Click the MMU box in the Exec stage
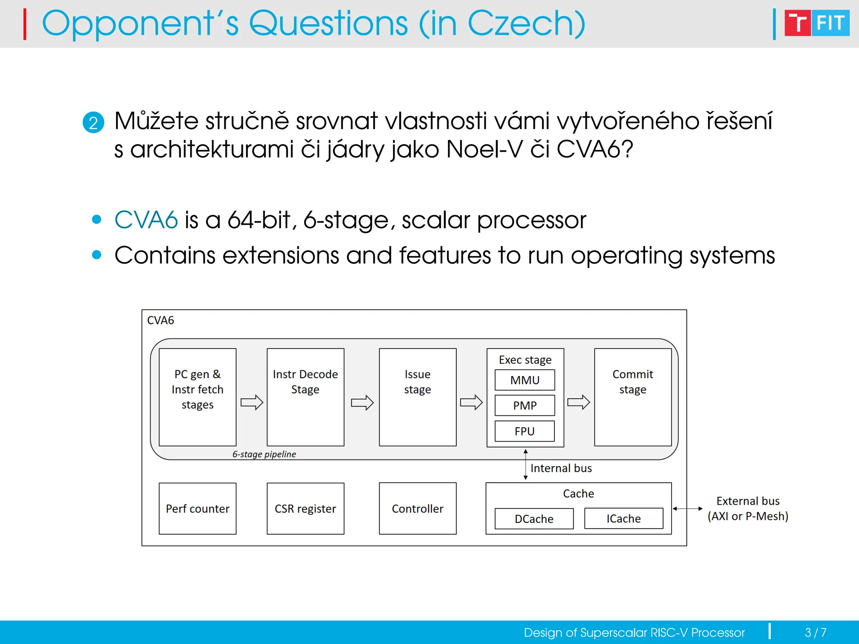coord(525,380)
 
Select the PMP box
coord(525,405)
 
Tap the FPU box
coord(525,431)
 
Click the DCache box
coord(534,519)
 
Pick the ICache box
coord(624,519)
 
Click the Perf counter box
coord(198,509)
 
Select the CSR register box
coord(305,509)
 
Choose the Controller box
coord(417,509)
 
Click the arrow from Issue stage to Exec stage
coord(471,402)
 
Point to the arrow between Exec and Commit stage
coord(579,402)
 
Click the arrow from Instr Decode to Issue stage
coord(362,402)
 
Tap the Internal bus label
coord(561,468)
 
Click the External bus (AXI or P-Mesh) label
coord(748,509)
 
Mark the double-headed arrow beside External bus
coord(687,509)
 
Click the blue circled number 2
coord(93,122)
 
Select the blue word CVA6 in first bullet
coord(146,220)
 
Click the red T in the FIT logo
coord(797,23)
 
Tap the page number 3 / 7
coord(815,632)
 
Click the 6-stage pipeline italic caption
coord(264,454)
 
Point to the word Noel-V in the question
coord(484,149)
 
